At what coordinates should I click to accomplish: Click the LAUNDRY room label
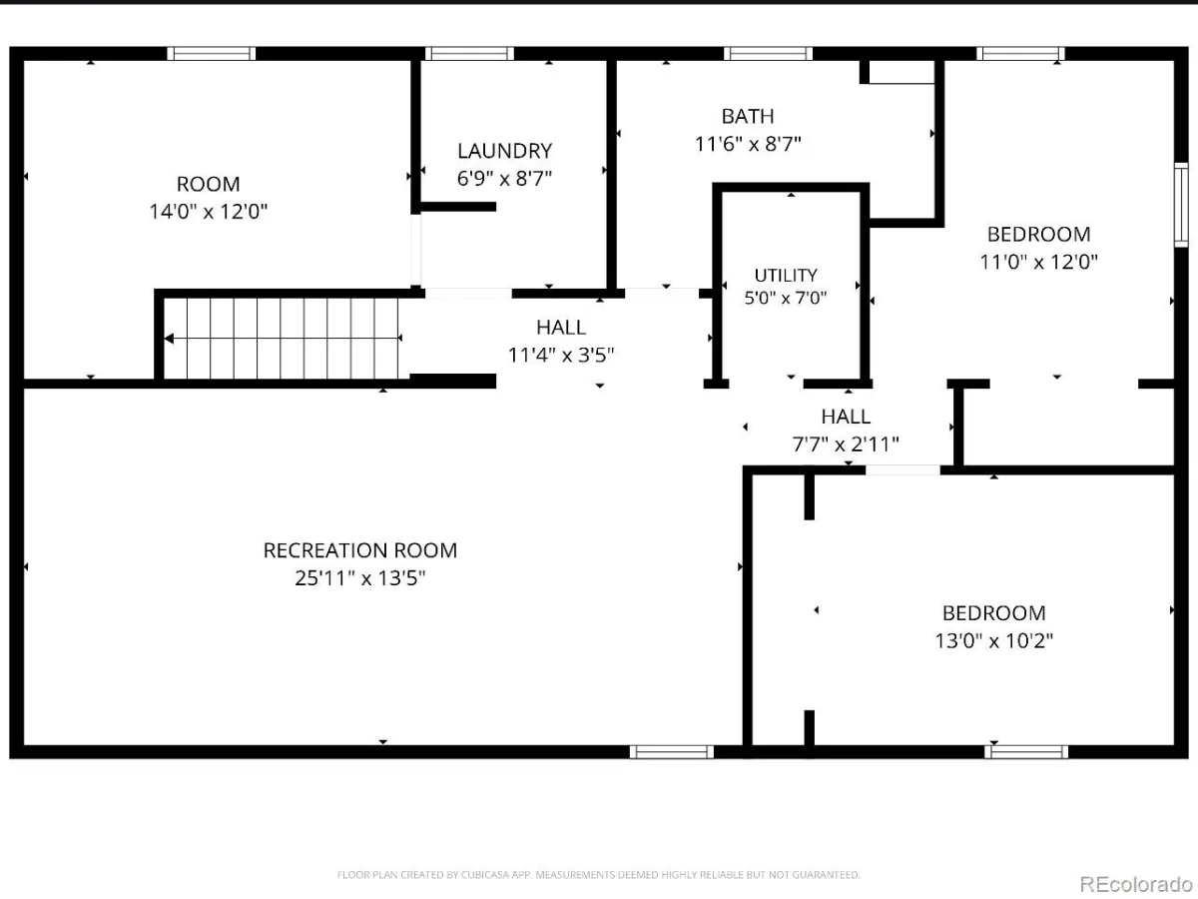point(504,151)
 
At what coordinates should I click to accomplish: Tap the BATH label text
point(748,116)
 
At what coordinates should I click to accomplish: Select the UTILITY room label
point(786,275)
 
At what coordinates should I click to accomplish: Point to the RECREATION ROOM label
point(360,550)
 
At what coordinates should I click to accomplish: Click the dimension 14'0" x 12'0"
point(209,211)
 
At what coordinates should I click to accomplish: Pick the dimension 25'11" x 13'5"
point(360,578)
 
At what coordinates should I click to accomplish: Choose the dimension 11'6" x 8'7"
point(748,144)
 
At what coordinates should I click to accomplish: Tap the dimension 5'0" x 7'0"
point(786,298)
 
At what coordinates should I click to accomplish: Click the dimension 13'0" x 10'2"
point(994,640)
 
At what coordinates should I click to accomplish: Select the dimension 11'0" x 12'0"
point(1038,262)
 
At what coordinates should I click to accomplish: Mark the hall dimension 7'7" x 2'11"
point(846,445)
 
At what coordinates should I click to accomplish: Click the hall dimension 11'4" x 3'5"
point(561,356)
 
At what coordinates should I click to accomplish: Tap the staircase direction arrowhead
point(169,339)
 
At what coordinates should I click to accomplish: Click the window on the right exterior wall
point(1181,205)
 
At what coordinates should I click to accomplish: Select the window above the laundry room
point(469,54)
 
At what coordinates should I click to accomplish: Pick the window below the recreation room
point(671,751)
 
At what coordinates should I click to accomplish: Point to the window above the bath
point(768,54)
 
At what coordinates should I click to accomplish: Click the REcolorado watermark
point(1136,884)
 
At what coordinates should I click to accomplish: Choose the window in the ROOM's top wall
point(212,54)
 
